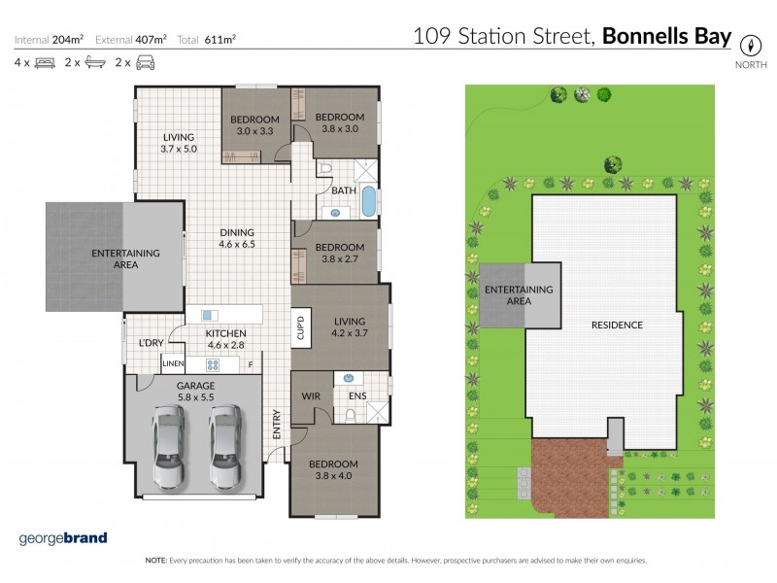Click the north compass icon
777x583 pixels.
point(749,45)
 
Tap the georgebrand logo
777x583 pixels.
point(63,538)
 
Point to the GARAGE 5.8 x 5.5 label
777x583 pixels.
point(194,392)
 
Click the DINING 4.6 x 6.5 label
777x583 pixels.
point(237,239)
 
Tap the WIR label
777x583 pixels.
point(312,395)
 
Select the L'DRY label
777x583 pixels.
point(150,343)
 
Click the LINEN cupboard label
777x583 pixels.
point(173,364)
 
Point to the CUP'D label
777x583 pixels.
point(301,326)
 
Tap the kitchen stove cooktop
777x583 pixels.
point(213,365)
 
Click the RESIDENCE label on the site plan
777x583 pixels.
point(618,325)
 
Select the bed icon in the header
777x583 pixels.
point(45,63)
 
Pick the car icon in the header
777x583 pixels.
point(145,63)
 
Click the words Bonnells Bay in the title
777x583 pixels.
point(666,37)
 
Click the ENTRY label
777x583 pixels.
point(277,425)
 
